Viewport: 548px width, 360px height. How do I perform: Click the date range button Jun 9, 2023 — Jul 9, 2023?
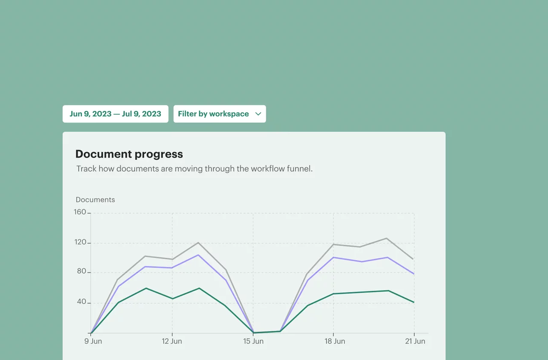115,114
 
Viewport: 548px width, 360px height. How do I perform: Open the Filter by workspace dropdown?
220,114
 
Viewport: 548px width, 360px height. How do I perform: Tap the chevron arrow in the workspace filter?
258,114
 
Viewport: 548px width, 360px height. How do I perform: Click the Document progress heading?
129,154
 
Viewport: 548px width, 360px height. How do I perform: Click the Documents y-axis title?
95,199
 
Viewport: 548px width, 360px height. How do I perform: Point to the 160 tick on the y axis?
80,212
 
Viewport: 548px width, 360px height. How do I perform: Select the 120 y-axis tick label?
80,242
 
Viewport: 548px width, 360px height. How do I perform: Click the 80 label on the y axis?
81,271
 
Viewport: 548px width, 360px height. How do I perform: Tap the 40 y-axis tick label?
81,301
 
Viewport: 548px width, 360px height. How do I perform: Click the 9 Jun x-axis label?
93,341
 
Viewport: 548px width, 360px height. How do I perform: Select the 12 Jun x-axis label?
172,341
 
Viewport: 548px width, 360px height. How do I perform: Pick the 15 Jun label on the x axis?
253,341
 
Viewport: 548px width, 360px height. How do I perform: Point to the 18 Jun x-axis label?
335,341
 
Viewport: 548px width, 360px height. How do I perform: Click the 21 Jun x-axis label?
415,341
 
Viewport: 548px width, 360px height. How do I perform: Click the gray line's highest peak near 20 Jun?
387,238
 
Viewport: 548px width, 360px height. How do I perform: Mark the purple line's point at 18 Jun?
333,257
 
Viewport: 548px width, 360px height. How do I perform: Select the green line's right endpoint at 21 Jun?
414,302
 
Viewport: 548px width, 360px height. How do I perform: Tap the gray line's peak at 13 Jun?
198,243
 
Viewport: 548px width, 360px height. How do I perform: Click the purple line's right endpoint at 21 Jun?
414,274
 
